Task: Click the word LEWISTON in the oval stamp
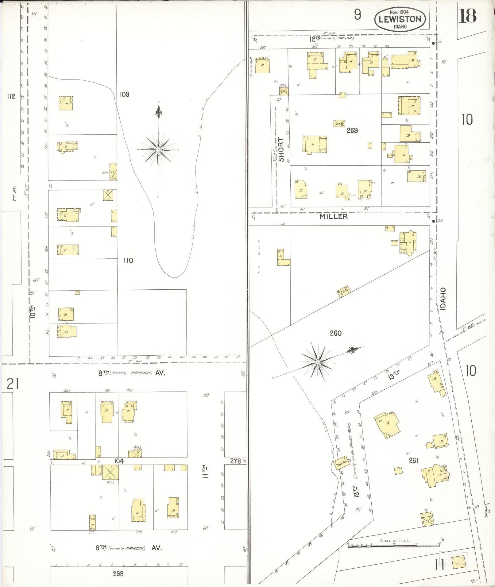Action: (400, 19)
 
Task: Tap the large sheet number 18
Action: (467, 16)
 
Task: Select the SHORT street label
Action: (281, 149)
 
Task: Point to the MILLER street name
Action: (333, 216)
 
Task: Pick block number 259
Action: (352, 130)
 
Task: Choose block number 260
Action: (335, 333)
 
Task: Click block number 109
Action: (124, 94)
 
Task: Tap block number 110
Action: (128, 261)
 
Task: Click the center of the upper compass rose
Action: (158, 149)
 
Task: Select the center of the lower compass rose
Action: (318, 363)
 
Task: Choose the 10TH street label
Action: (33, 311)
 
